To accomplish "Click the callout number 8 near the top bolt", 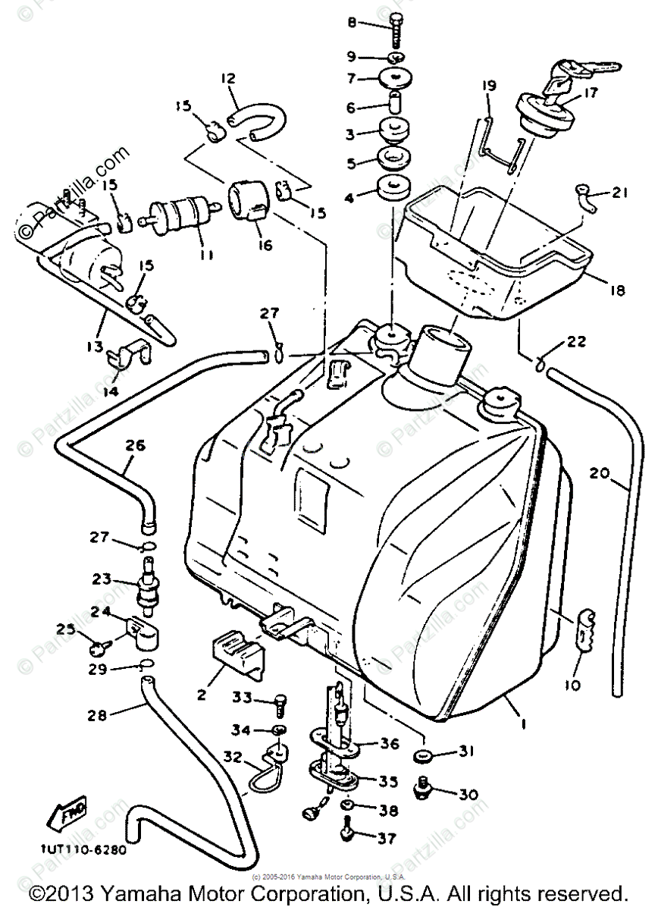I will pos(351,23).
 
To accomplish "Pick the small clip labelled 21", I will pos(586,197).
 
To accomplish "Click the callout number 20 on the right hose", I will pos(599,474).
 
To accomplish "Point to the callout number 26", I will pos(135,445).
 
